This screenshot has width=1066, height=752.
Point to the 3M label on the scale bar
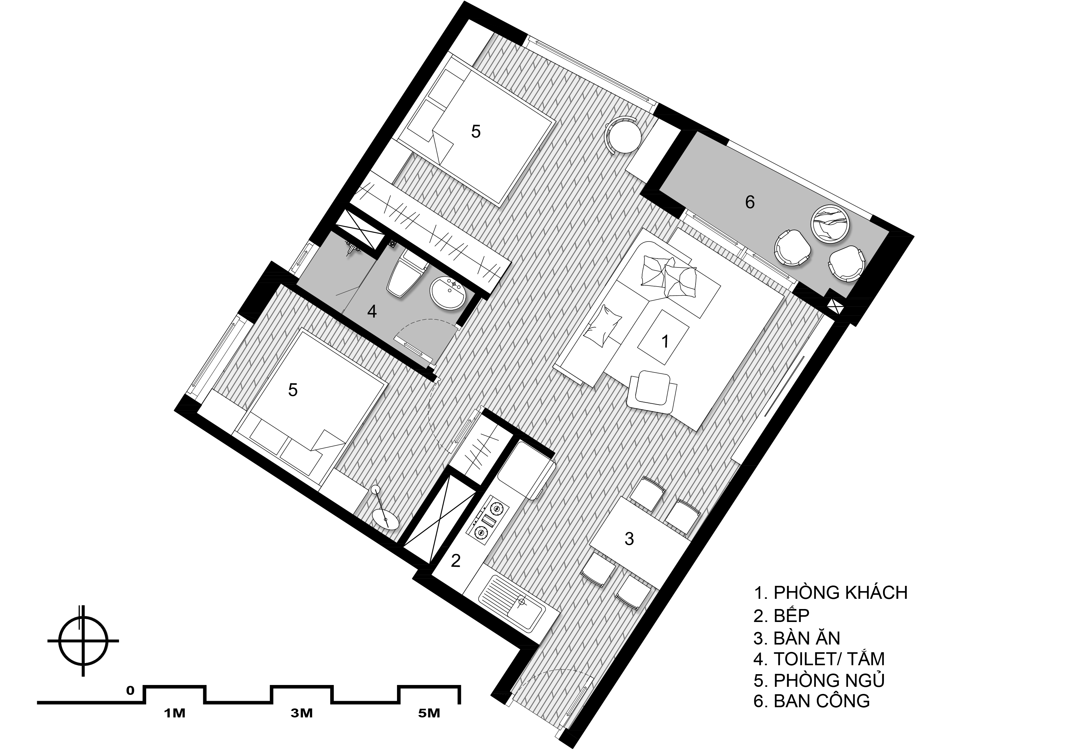coord(302,713)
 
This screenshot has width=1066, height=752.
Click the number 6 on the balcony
coord(750,202)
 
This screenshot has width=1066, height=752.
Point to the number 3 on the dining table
coord(629,539)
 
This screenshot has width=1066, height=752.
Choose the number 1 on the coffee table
coord(665,342)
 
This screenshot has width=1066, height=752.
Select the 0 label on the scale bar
coord(130,691)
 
